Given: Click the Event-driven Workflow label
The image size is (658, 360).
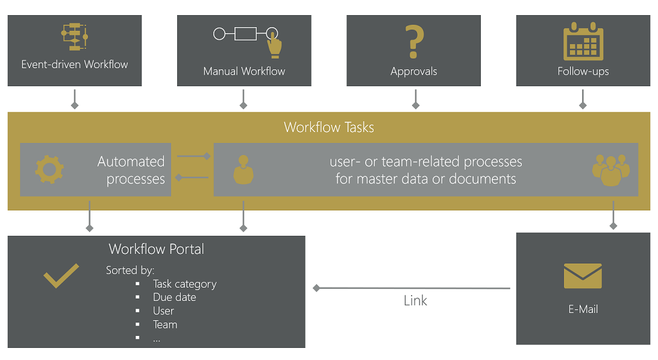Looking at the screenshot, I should click(x=75, y=65).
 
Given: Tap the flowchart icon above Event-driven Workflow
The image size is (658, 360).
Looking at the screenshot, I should click(x=75, y=37).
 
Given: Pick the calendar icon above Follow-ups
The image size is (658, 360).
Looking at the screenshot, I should click(x=583, y=40).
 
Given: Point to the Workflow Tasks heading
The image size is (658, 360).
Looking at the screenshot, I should click(x=328, y=127).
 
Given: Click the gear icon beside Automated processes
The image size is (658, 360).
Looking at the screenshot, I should click(x=49, y=169).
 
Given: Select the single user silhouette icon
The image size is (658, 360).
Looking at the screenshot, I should click(x=243, y=170).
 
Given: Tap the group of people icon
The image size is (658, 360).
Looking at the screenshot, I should click(x=610, y=169).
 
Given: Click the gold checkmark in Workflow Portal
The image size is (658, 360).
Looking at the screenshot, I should click(x=61, y=276).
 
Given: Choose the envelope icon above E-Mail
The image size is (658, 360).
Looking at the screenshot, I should click(x=583, y=276).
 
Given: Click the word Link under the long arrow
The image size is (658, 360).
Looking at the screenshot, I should click(x=415, y=301).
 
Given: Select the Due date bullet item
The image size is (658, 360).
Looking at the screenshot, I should click(x=174, y=297).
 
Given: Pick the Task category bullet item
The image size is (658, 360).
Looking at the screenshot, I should click(x=184, y=284).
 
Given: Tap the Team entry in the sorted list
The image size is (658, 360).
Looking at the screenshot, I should click(x=165, y=324).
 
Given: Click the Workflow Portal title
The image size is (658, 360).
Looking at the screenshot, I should click(x=156, y=249).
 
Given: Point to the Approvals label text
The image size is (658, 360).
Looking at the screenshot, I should click(x=413, y=71).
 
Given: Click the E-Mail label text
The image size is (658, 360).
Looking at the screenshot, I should click(x=583, y=309).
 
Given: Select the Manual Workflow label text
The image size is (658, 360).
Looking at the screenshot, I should click(x=244, y=71).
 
